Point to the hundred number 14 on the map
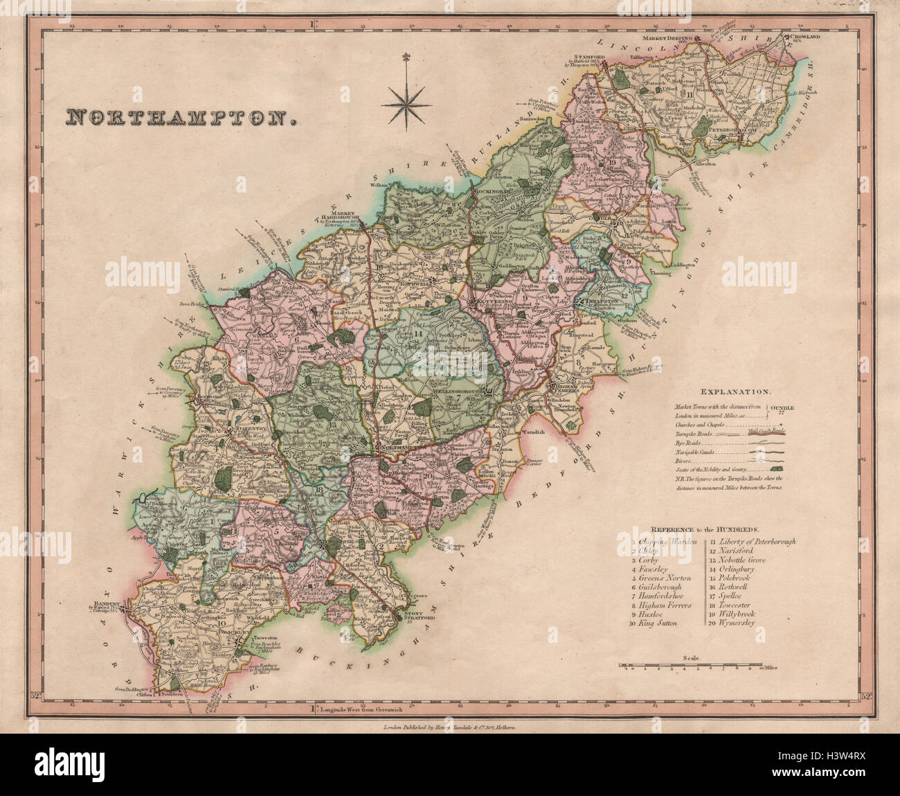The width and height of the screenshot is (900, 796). pyautogui.click(x=418, y=334)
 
